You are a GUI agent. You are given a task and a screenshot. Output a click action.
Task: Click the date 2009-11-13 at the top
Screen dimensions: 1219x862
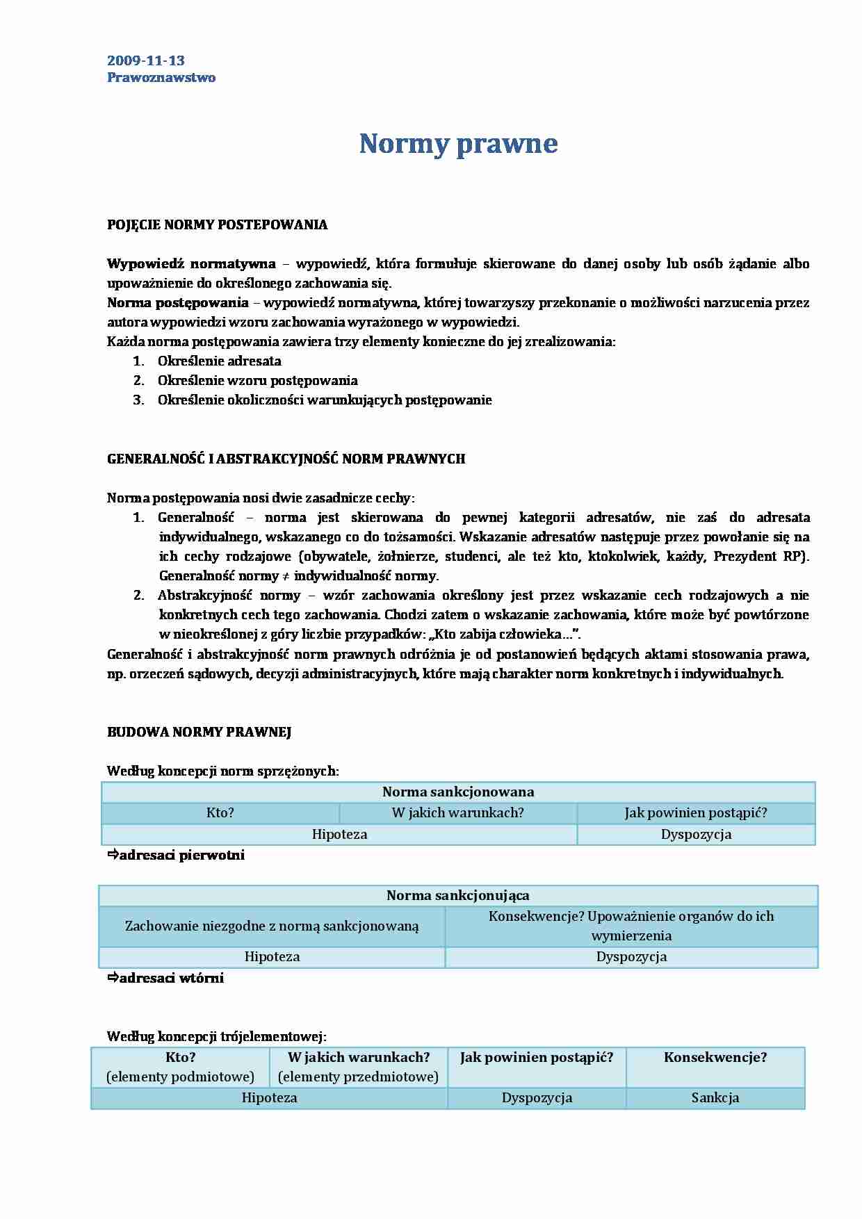click(x=146, y=60)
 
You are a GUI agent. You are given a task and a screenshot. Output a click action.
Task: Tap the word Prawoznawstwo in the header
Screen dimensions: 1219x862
click(x=161, y=77)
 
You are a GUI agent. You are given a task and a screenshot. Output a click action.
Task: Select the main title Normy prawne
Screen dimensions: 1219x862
click(x=458, y=144)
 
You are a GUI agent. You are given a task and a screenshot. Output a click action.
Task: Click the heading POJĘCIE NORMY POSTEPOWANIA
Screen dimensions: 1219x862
click(x=217, y=224)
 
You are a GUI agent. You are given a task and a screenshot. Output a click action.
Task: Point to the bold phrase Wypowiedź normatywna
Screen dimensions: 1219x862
click(x=191, y=263)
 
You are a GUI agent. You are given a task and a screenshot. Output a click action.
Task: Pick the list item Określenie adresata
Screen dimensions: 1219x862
click(x=219, y=361)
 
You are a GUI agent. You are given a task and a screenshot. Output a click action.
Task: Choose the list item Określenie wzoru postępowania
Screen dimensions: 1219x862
click(x=257, y=380)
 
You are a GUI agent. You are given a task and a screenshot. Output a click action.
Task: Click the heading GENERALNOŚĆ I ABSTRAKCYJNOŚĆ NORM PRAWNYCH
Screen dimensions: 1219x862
click(x=286, y=459)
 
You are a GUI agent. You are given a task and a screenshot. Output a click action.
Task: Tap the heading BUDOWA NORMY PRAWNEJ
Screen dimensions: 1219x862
click(x=199, y=732)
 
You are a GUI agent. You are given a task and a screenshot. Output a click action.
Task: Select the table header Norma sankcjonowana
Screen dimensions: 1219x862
click(x=458, y=792)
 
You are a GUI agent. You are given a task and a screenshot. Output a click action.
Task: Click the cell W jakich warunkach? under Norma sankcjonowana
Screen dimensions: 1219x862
click(x=457, y=812)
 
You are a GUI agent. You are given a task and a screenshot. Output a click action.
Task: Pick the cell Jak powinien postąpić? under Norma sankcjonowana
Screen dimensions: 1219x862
click(x=695, y=812)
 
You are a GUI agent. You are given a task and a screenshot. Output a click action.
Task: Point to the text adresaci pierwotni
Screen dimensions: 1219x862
click(x=181, y=855)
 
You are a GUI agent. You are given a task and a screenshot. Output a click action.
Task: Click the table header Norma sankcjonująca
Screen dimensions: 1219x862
click(x=457, y=895)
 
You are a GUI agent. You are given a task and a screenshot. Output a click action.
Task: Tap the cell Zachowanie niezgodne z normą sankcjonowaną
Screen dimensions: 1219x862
click(x=272, y=926)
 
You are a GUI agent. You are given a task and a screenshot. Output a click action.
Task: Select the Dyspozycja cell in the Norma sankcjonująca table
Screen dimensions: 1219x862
click(x=631, y=956)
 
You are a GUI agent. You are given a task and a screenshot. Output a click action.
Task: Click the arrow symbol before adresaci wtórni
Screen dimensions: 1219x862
click(x=113, y=978)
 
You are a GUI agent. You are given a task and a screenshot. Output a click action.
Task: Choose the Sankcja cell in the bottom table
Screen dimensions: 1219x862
click(x=715, y=1097)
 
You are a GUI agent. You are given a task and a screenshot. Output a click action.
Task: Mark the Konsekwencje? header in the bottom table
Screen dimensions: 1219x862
click(x=715, y=1057)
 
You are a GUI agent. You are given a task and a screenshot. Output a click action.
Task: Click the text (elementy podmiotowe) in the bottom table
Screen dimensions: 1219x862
click(x=180, y=1077)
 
